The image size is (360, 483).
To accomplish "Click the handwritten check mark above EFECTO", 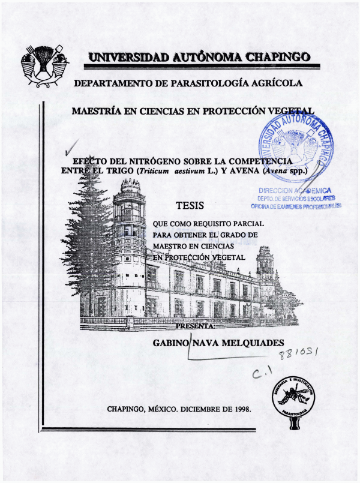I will [x=73, y=146].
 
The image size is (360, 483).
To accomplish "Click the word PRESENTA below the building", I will [x=197, y=326].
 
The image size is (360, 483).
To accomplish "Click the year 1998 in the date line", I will [x=238, y=410].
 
